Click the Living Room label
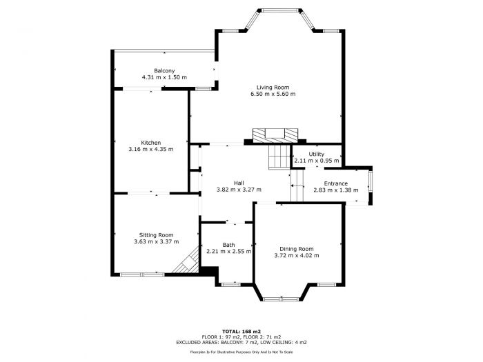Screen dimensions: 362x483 [273, 88]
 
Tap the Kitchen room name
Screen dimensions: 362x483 [150, 143]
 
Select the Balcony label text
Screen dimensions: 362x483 [164, 71]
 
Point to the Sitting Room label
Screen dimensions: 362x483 [156, 235]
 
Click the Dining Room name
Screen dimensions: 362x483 [297, 249]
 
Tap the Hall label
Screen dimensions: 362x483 [238, 183]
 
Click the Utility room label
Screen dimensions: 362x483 [316, 154]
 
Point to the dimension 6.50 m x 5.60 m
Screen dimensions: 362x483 [273, 94]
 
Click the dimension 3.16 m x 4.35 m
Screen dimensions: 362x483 [150, 149]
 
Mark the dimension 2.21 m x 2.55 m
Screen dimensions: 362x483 [228, 252]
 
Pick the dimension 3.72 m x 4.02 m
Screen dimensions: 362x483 [297, 255]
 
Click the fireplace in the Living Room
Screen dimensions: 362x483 [275, 135]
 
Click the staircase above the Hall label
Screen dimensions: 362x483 [279, 157]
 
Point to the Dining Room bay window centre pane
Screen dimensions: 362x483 [282, 299]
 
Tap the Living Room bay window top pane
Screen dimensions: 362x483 [279, 10]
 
